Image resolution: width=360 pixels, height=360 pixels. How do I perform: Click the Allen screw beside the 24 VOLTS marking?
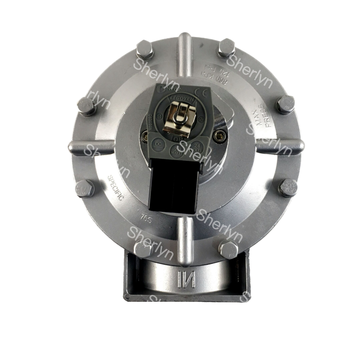point(219,135)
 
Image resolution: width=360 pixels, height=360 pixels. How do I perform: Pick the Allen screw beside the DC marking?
point(145,135)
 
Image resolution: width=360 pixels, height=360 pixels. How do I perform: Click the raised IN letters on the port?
point(186,279)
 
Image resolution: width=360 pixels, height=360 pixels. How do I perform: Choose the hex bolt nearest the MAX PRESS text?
point(285,104)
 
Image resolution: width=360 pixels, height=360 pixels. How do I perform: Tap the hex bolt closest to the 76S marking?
point(143,249)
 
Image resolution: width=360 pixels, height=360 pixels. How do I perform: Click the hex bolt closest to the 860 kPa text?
point(226,48)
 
